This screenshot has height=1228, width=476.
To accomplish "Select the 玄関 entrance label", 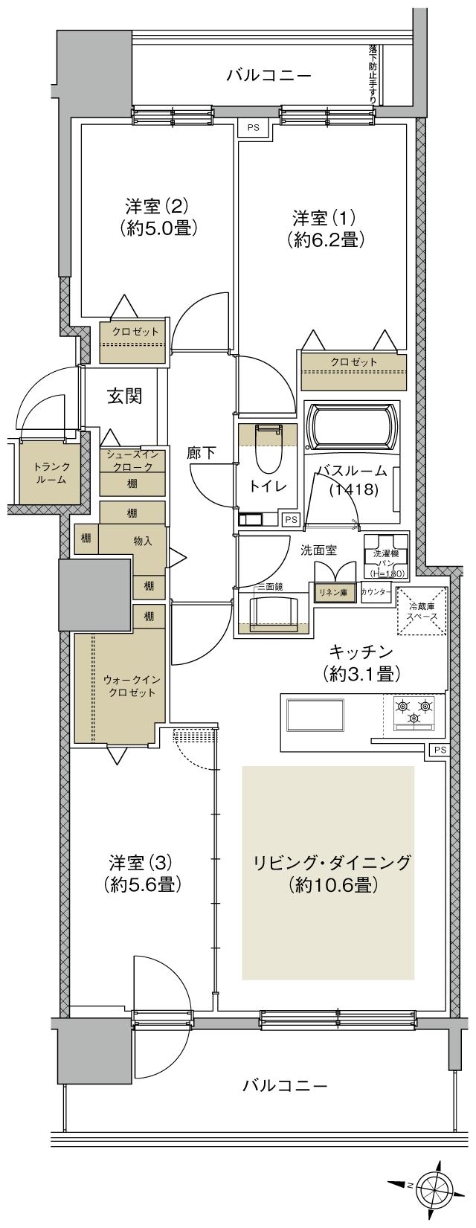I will pyautogui.click(x=124, y=396).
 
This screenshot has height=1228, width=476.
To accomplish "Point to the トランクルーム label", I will pyautogui.click(x=51, y=473).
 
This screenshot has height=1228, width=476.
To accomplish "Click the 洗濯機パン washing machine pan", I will pyautogui.click(x=386, y=552).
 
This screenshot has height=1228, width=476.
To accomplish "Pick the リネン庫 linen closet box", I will pyautogui.click(x=334, y=593).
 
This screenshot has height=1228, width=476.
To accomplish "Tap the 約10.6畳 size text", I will pyautogui.click(x=331, y=885).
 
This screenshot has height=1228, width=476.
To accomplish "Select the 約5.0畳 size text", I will pyautogui.click(x=158, y=228).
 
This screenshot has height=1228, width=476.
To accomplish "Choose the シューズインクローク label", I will pyautogui.click(x=133, y=460).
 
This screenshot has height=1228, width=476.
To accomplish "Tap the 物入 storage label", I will pyautogui.click(x=143, y=541).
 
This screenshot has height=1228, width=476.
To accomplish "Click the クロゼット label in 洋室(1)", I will pyautogui.click(x=354, y=362).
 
